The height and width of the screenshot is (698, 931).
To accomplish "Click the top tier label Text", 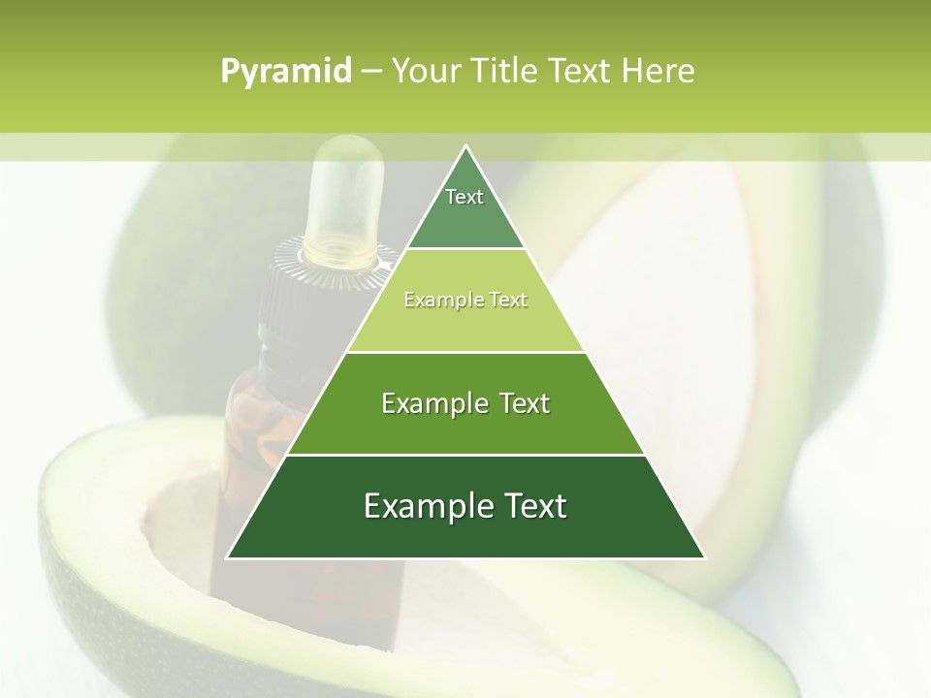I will coord(465,197).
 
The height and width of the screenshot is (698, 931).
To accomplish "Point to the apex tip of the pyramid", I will coord(465,148).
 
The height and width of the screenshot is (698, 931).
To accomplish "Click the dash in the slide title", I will coord(371,72).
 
